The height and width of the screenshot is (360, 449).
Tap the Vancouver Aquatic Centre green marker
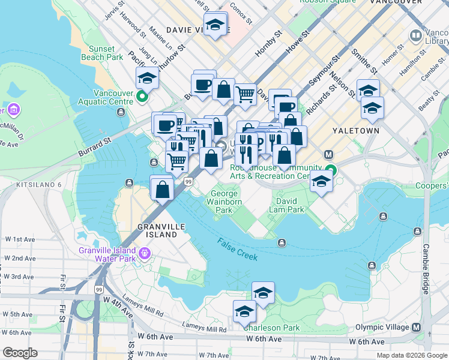(x=142, y=96)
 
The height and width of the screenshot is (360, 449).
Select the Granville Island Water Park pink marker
(x=143, y=254)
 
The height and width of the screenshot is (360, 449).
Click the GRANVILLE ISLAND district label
(x=158, y=230)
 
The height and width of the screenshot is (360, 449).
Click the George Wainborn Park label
(x=224, y=202)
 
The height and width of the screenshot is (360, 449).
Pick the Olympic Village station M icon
(x=417, y=327)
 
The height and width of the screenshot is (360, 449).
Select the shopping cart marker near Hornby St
(x=245, y=94)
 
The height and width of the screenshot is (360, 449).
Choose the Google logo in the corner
(x=19, y=353)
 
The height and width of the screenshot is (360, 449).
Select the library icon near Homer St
(x=415, y=36)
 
